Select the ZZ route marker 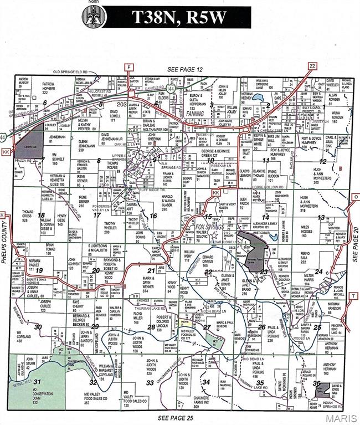click(311, 65)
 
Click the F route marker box click(129, 67)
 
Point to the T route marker click(352, 296)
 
